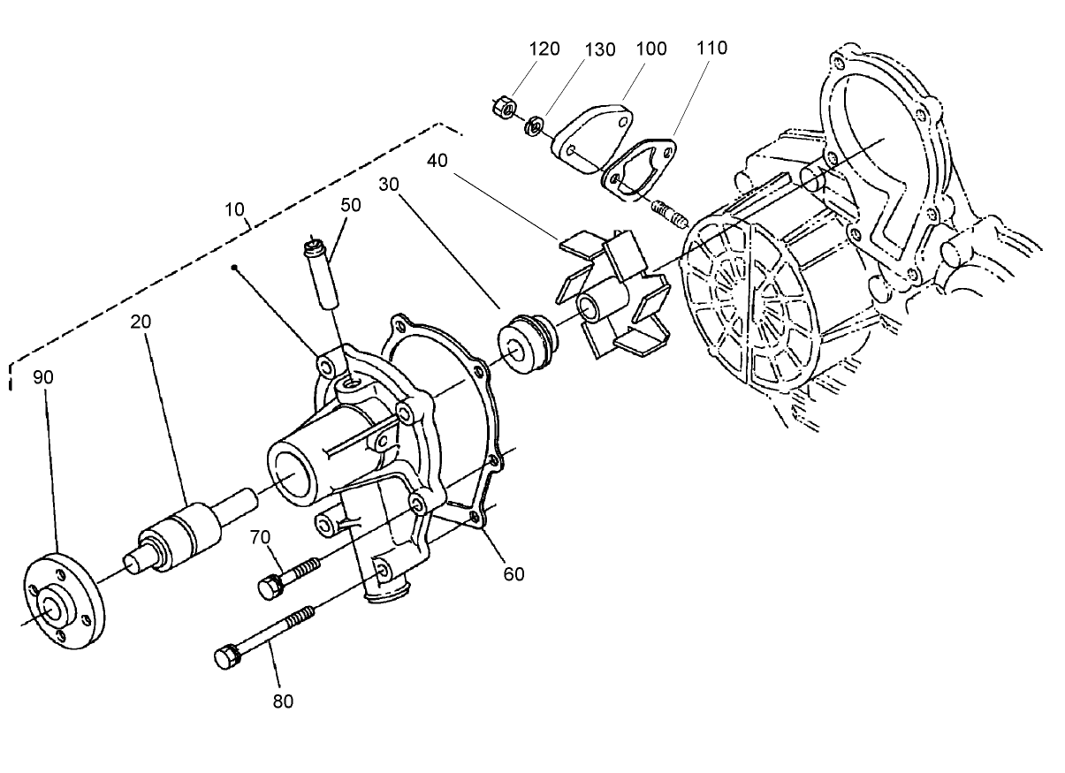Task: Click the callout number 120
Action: (544, 49)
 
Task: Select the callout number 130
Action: (600, 49)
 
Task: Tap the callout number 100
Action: (651, 48)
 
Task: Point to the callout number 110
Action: (711, 48)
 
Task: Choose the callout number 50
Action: (351, 204)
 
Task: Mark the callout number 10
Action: (235, 209)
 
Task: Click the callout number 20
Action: (141, 321)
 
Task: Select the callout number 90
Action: (44, 377)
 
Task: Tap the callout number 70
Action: (259, 536)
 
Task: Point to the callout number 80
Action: (283, 701)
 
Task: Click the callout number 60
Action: (513, 574)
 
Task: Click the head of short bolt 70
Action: (269, 585)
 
